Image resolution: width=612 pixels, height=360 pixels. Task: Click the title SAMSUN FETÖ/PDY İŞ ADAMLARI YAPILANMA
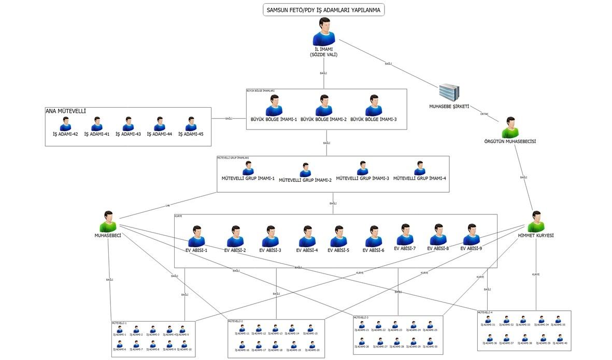click(323, 10)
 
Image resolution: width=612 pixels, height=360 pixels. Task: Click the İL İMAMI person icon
click(324, 32)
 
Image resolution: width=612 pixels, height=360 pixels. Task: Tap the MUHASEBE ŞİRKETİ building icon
click(449, 92)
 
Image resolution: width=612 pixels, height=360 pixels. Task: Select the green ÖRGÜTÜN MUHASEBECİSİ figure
click(510, 127)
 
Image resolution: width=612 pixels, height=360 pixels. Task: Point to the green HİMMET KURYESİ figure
click(536, 222)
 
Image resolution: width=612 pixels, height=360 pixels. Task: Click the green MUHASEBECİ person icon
click(108, 222)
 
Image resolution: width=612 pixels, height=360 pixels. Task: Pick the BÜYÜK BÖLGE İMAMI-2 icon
click(324, 106)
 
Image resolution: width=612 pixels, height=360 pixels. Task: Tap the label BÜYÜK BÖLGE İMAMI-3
click(374, 120)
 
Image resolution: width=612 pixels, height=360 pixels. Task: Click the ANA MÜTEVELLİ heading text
click(66, 111)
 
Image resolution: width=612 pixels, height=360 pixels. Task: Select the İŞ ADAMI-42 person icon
click(65, 124)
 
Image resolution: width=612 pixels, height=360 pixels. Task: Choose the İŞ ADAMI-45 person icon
click(191, 124)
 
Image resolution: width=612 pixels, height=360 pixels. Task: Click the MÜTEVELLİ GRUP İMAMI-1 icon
click(248, 168)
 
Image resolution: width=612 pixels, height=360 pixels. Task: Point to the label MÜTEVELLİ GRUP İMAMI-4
click(420, 178)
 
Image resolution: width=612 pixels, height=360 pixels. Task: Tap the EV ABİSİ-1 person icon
click(196, 236)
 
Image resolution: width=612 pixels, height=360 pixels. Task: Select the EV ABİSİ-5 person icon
click(338, 236)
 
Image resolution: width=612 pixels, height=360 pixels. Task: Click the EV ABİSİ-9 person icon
click(471, 234)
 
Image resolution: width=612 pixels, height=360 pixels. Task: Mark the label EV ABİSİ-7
click(405, 248)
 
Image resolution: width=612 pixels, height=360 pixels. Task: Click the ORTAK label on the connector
click(484, 114)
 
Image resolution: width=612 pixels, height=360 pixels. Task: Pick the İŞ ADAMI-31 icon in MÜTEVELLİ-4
click(487, 320)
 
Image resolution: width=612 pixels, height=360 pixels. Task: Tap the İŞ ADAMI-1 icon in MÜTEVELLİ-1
click(120, 329)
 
